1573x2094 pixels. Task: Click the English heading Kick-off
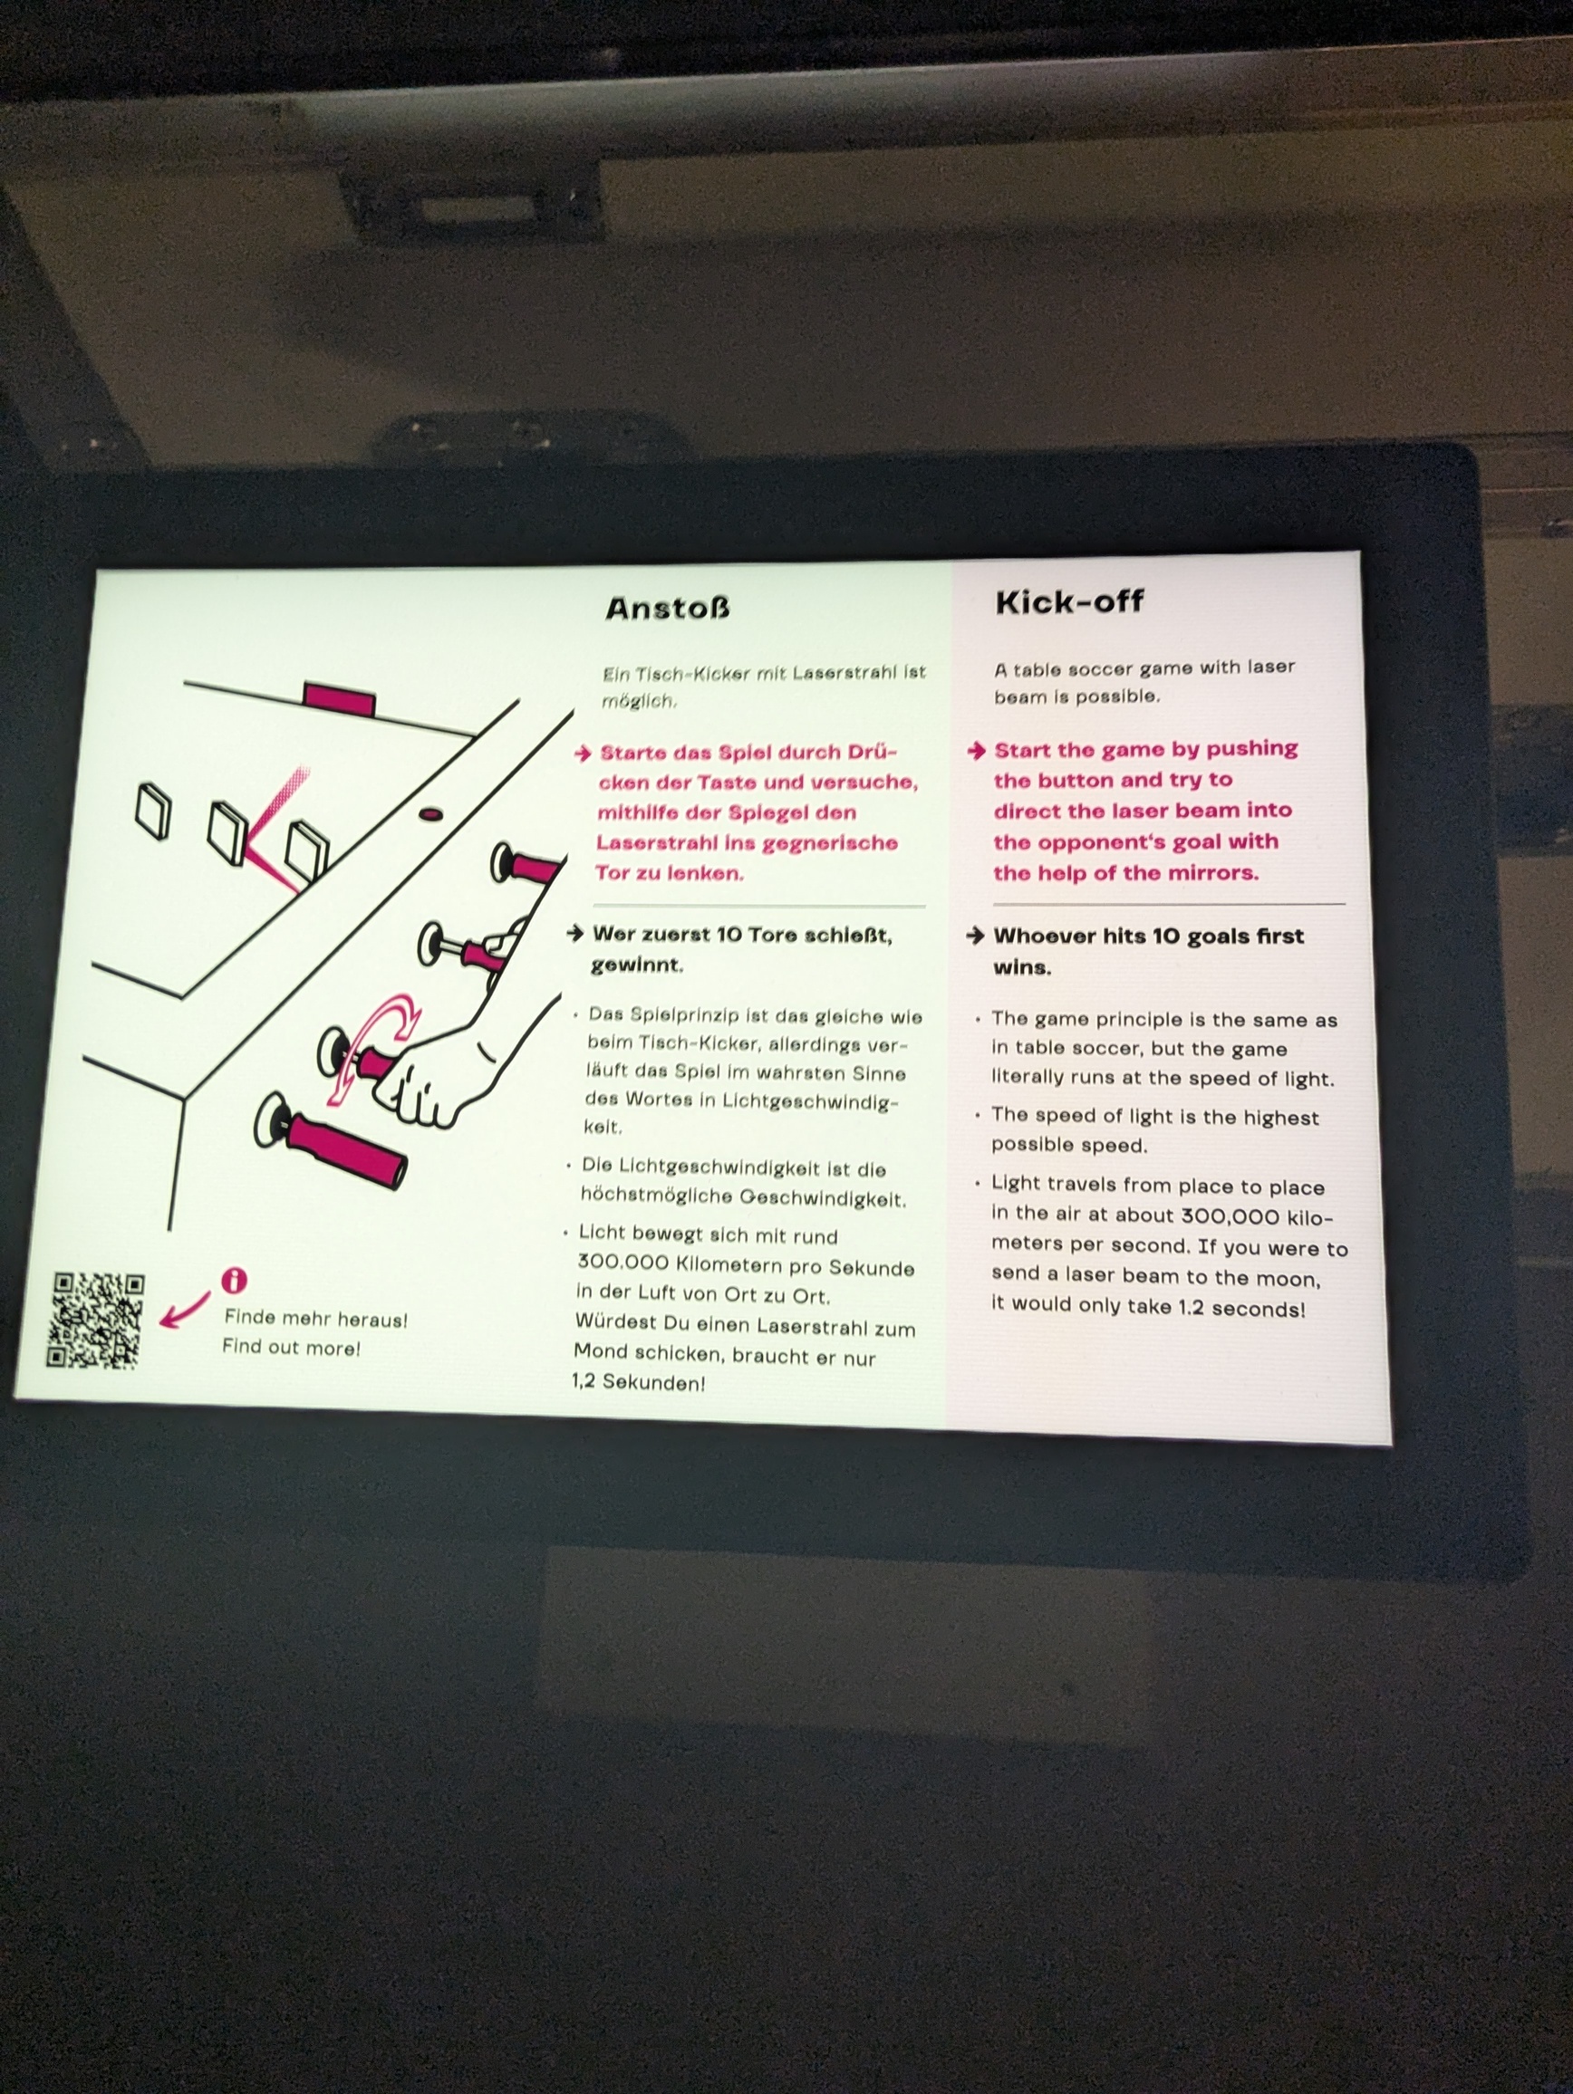1069,601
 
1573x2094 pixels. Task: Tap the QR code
96,1320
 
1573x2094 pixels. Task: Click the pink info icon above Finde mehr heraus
234,1280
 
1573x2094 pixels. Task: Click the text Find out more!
291,1347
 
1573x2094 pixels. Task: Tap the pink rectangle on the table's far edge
339,698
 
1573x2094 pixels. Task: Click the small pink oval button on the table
431,813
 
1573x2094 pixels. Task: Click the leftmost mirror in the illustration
153,811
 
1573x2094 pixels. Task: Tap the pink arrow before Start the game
977,751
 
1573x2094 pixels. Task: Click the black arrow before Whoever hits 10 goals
976,936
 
